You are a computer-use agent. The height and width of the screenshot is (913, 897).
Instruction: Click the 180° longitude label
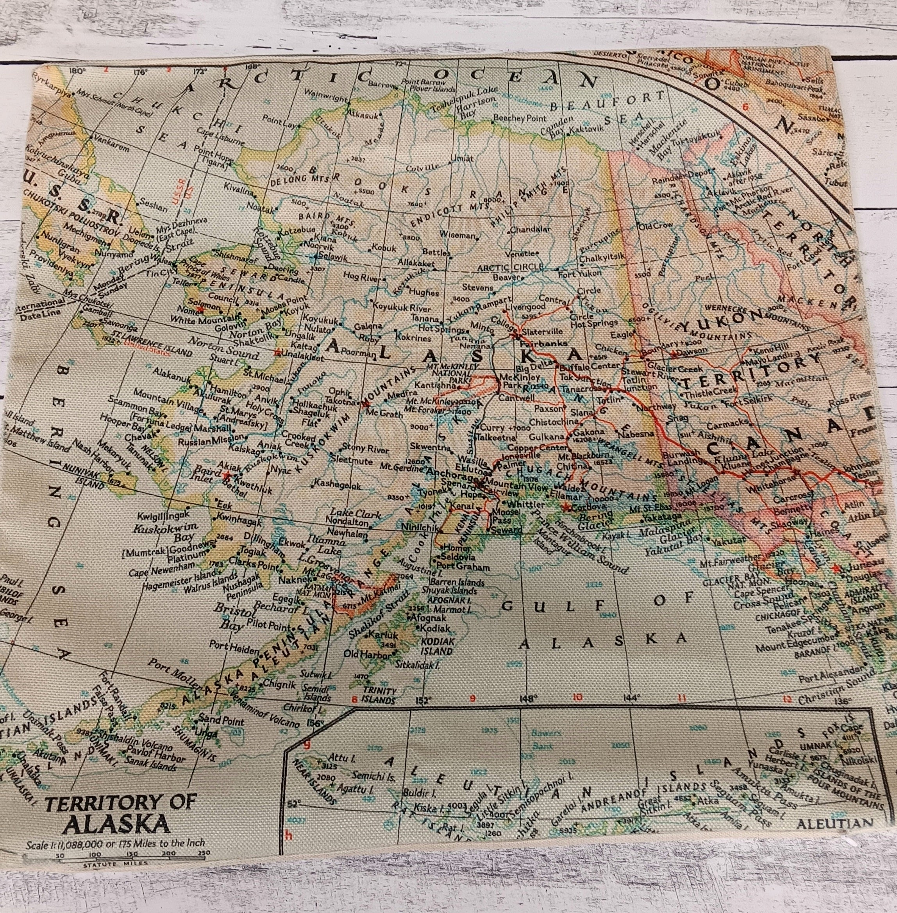[x=76, y=71]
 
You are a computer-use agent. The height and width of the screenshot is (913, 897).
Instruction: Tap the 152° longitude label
[x=423, y=701]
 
